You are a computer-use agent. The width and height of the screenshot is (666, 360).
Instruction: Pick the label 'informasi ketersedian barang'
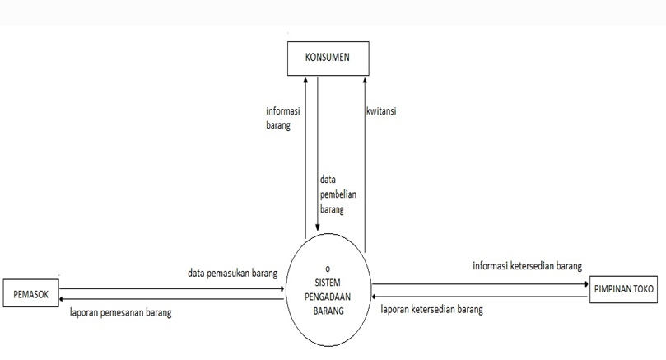coord(527,266)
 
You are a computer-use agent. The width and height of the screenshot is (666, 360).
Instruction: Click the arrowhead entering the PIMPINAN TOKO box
coord(585,284)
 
